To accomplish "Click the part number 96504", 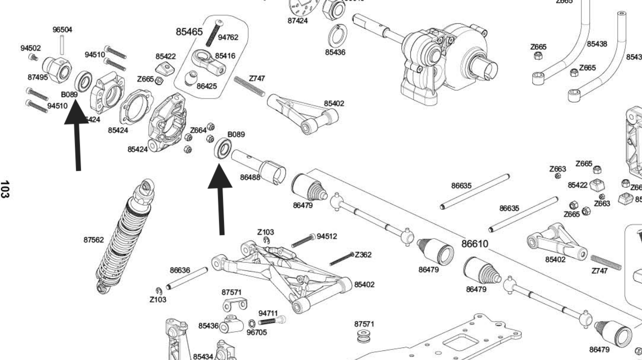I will tap(62, 30).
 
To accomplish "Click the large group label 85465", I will tap(189, 32).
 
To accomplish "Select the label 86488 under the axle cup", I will tap(250, 177).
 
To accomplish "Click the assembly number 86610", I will tap(475, 244).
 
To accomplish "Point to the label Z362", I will tap(363, 254).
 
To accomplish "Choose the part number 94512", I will tap(327, 236).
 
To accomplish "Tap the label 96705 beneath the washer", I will tap(257, 332).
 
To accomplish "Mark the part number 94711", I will tap(268, 313).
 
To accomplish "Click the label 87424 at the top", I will tap(297, 21).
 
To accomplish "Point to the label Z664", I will tap(198, 130).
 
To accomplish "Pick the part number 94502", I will tap(30, 48).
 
